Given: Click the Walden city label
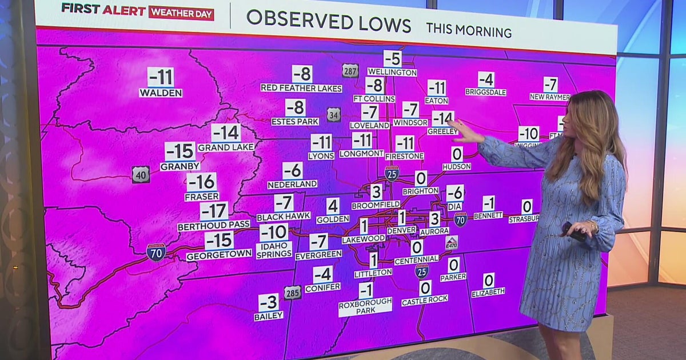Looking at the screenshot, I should [161, 93].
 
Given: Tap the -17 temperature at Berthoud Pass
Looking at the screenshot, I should [214, 211].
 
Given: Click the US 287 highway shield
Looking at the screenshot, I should [350, 71].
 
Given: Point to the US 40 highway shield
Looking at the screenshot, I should [141, 174].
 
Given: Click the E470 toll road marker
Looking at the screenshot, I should [452, 243].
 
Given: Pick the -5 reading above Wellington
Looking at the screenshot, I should [392, 58].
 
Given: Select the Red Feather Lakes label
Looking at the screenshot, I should [301, 88].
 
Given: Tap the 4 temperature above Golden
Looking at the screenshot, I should [333, 206].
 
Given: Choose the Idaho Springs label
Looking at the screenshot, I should [274, 250].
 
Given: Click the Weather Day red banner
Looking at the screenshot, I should [181, 13].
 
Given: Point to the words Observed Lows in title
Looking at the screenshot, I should [329, 21].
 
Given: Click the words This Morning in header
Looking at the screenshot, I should [469, 30].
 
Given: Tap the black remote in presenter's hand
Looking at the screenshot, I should [573, 231].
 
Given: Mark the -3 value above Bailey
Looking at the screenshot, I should [269, 302].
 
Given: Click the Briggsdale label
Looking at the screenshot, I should [485, 92].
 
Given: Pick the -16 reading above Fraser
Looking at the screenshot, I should [201, 182].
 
